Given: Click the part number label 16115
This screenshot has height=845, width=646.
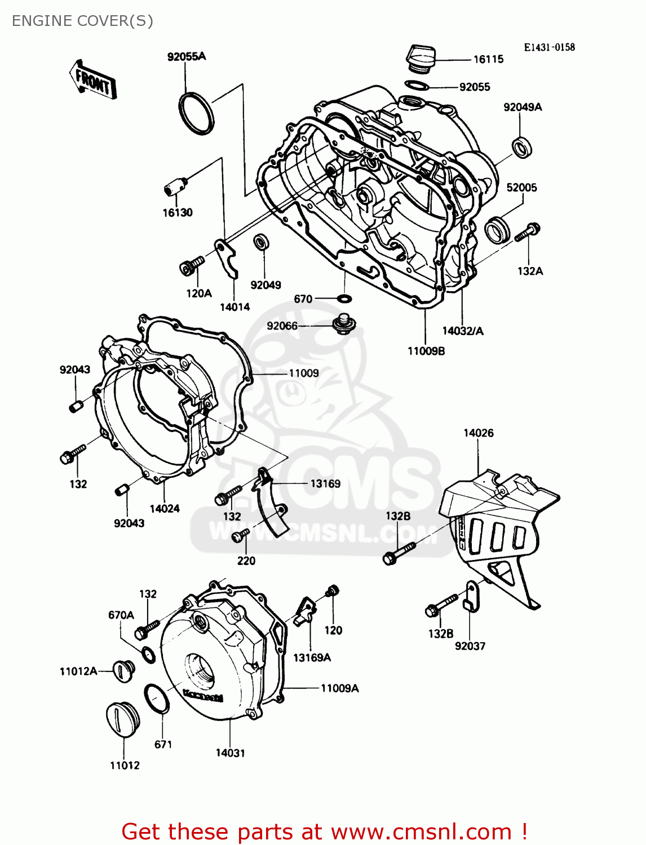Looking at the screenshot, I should (488, 59).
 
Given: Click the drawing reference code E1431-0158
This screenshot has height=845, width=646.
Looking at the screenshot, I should (549, 47).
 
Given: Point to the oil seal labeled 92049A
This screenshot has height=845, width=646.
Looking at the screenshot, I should (522, 147).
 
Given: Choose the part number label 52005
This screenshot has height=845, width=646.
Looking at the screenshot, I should (521, 188).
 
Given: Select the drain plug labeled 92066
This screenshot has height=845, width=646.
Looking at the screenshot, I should (343, 324).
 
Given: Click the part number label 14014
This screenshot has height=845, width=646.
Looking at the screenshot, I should (234, 307).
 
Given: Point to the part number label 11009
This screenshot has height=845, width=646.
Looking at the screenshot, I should (304, 373).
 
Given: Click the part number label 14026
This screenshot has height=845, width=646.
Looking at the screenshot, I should (478, 433).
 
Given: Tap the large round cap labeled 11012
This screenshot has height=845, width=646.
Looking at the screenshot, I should (120, 719).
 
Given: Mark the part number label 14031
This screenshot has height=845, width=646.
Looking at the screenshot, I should (230, 753).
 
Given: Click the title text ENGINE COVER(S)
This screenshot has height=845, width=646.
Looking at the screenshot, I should (82, 21).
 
